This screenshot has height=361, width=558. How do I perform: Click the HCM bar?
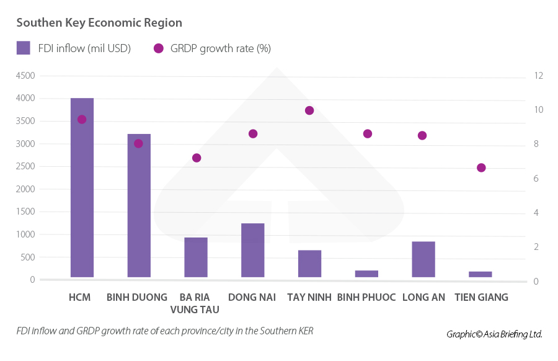click(82, 187)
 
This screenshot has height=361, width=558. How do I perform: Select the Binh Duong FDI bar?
click(139, 205)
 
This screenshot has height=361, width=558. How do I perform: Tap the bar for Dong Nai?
click(252, 250)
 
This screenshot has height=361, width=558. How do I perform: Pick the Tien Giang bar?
click(480, 274)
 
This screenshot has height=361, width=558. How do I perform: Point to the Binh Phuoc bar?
click(366, 274)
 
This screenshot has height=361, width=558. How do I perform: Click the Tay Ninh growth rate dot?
click(309, 110)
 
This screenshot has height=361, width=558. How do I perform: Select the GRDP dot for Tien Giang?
click(481, 167)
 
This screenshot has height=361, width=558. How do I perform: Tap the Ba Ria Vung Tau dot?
click(197, 158)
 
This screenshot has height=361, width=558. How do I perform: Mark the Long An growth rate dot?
click(422, 135)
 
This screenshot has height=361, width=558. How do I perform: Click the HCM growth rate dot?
click(82, 119)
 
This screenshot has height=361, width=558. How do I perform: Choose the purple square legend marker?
click(24, 48)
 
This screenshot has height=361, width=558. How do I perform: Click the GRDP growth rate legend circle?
click(159, 48)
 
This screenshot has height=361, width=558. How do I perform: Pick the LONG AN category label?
click(423, 297)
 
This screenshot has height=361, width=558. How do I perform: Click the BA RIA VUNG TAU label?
click(194, 303)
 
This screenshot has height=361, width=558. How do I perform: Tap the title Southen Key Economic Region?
click(99, 23)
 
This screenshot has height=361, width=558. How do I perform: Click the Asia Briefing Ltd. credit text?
click(495, 334)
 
